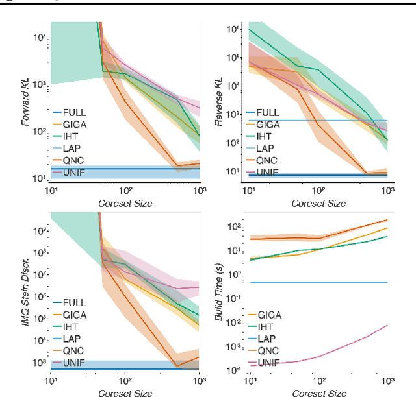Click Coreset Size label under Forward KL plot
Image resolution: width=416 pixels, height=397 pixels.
125,203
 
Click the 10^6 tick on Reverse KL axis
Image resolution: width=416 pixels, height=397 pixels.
232,29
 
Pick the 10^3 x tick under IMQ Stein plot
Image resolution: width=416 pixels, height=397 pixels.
199,381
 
